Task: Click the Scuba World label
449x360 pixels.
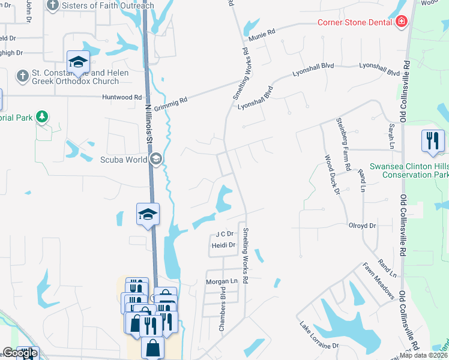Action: click(x=124, y=159)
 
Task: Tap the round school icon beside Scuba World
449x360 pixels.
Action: click(x=157, y=158)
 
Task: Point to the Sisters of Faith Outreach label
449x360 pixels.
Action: click(x=108, y=5)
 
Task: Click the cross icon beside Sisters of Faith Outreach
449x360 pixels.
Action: click(x=53, y=5)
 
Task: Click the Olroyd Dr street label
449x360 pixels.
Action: click(x=362, y=226)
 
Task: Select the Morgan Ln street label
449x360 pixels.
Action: click(x=221, y=281)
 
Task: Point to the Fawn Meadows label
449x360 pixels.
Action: click(x=378, y=280)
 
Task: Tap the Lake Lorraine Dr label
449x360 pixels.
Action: click(x=319, y=335)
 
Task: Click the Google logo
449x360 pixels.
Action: click(x=20, y=353)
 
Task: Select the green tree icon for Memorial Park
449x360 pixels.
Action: click(x=42, y=116)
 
